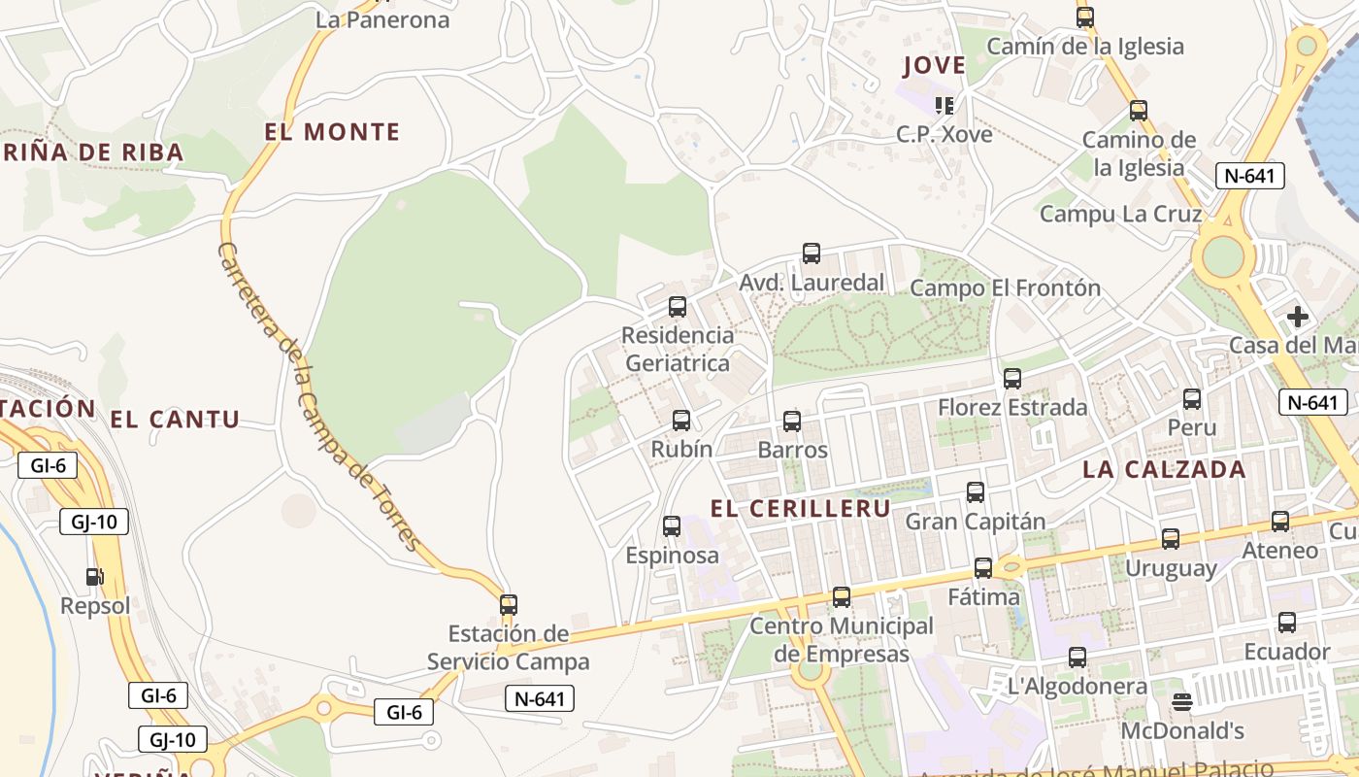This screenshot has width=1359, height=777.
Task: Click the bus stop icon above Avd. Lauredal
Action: (x=812, y=253)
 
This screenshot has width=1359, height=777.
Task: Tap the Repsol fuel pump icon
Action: (x=94, y=576)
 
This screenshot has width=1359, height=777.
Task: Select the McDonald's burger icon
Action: (x=1181, y=701)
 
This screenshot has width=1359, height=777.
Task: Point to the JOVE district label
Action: (x=934, y=66)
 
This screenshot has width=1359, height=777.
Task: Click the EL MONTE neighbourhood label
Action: (x=332, y=132)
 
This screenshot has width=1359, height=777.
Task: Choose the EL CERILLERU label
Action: (x=800, y=508)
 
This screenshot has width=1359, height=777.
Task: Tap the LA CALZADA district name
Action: (x=1164, y=469)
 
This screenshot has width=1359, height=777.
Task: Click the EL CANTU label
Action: (x=175, y=420)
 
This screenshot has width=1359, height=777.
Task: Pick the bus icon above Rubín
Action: (x=681, y=420)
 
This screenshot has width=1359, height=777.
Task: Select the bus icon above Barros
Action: (x=792, y=421)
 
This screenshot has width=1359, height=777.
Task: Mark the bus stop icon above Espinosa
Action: (x=672, y=526)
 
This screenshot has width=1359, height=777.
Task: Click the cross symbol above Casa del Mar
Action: (x=1297, y=317)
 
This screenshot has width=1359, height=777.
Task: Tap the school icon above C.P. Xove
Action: (x=944, y=104)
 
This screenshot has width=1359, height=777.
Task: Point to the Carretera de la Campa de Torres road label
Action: (x=316, y=396)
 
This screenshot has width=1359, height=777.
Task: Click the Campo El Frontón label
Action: (x=1005, y=287)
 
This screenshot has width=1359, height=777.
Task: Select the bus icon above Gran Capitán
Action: (x=976, y=492)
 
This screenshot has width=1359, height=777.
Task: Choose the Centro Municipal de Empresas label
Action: (x=841, y=639)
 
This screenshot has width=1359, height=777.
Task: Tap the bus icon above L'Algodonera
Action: (x=1077, y=658)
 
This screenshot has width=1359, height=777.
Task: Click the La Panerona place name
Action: (x=382, y=19)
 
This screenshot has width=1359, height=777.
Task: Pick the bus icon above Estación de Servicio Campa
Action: (x=508, y=604)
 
